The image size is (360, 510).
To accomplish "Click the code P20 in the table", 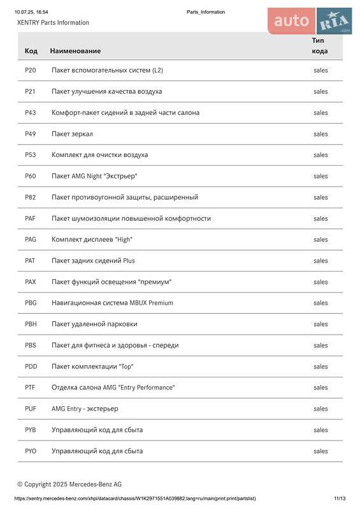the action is pos(30,70).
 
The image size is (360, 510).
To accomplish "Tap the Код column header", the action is pos(31,50).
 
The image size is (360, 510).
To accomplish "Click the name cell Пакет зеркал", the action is pos(72,134).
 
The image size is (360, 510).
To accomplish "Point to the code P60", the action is pos(30,176).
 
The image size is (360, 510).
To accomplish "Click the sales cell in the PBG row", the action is pos(320,303).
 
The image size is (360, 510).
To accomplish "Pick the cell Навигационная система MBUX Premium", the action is pos(112,303).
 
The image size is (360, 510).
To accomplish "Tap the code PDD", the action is pos(31,367).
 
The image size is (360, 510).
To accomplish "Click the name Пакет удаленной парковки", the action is pos(94,324).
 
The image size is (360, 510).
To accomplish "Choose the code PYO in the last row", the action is pos(31,451).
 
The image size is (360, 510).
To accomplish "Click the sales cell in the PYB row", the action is pos(320,430).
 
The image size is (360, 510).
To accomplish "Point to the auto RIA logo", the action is pos(310,21).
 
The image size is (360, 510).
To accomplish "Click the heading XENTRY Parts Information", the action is pos(53,22).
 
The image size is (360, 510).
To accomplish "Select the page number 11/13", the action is pos(340,499).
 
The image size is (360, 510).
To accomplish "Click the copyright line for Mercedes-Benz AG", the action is pos(69,484).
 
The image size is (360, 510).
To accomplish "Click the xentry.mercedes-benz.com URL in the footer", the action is pos(135,499).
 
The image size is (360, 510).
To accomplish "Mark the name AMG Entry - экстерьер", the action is pos(85,409).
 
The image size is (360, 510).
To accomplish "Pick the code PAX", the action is pos(31,282).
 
